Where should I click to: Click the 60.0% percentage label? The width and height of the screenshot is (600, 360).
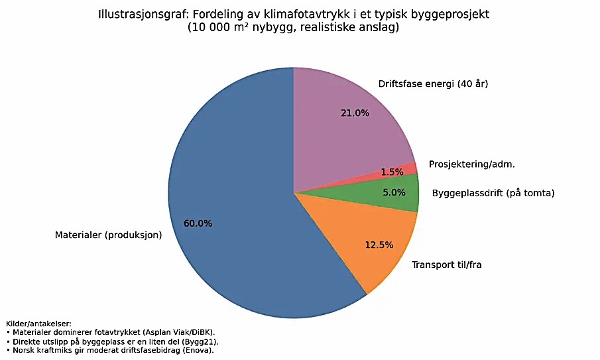coord(198,223)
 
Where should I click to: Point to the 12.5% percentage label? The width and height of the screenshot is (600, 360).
coord(379,245)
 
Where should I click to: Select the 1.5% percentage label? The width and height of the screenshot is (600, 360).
coord(392,172)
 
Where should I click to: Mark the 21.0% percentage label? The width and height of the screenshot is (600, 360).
coord(355,113)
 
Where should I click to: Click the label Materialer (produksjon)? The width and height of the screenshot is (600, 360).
coord(108,235)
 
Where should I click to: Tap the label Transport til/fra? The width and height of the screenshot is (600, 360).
coord(446,265)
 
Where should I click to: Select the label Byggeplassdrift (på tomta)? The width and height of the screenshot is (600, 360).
coord(493,194)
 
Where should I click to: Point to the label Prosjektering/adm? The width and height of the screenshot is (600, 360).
coord(471,164)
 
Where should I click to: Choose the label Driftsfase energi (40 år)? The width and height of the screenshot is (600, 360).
coord(433,84)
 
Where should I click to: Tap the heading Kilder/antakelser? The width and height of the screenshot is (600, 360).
coord(38,324)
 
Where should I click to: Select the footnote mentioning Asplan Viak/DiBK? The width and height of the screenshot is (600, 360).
coord(111,331)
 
